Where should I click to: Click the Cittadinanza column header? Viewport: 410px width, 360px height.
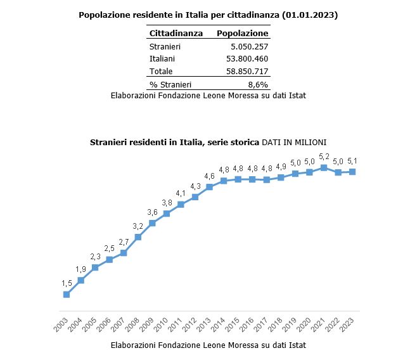[176, 33]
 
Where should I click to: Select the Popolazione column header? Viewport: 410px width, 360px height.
[243, 33]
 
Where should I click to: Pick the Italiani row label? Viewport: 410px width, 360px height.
[162, 58]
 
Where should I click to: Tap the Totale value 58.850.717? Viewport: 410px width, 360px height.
[247, 71]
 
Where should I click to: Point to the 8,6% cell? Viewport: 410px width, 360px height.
[257, 84]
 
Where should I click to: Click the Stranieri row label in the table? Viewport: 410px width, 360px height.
[165, 46]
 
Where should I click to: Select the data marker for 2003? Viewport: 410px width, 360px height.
[67, 294]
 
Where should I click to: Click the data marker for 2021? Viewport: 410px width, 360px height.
[324, 168]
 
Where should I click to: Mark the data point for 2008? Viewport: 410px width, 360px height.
[138, 237]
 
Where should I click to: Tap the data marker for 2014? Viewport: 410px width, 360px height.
[224, 181]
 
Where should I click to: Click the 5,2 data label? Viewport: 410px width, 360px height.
[324, 157]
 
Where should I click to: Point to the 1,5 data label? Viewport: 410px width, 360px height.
[67, 283]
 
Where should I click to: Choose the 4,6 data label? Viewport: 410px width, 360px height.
[209, 176]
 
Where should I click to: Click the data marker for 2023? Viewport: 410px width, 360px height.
[352, 172]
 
